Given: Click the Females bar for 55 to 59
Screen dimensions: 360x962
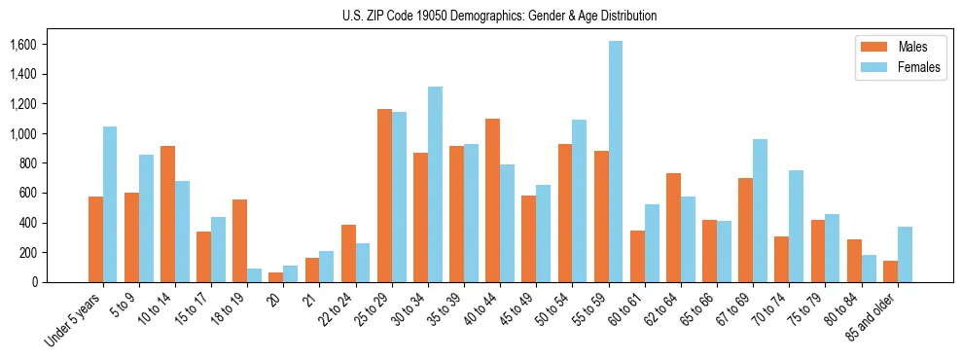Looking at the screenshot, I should click(616, 162).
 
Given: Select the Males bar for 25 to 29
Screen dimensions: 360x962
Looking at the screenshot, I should click(384, 196).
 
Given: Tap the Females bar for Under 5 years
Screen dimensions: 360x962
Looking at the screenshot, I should click(110, 204).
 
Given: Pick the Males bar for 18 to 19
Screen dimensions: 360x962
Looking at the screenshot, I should click(239, 240).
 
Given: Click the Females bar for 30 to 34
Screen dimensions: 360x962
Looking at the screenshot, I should click(435, 184).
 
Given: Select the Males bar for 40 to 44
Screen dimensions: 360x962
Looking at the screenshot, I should click(492, 200).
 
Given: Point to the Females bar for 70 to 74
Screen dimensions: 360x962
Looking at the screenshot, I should click(796, 226).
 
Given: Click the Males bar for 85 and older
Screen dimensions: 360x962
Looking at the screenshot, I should click(890, 271).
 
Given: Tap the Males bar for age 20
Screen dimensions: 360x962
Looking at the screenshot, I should click(275, 277).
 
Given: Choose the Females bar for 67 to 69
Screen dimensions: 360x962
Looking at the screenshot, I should click(760, 210).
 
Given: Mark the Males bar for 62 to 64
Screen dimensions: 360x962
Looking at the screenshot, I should click(673, 228).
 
